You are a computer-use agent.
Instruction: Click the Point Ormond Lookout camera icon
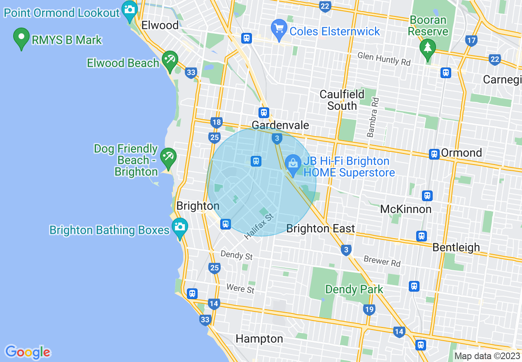tap(130, 9)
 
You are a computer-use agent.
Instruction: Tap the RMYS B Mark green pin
tap(21, 37)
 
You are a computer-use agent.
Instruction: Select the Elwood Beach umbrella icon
tap(169, 60)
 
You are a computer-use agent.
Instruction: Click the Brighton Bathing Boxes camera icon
tap(180, 227)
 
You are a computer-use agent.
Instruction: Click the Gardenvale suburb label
tap(280, 125)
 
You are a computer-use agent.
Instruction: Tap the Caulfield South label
tap(342, 100)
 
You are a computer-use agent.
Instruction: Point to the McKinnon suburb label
tap(405, 209)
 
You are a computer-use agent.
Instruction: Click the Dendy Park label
tap(354, 290)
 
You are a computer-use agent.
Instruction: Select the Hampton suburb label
tap(259, 339)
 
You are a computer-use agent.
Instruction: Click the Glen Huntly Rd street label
tap(384, 58)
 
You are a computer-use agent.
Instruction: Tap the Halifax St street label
tap(259, 227)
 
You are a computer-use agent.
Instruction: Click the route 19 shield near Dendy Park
tap(369, 310)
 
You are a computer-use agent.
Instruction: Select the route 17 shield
tap(472, 40)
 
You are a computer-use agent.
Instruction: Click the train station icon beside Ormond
tap(434, 154)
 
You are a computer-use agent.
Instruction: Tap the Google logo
tap(28, 352)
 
